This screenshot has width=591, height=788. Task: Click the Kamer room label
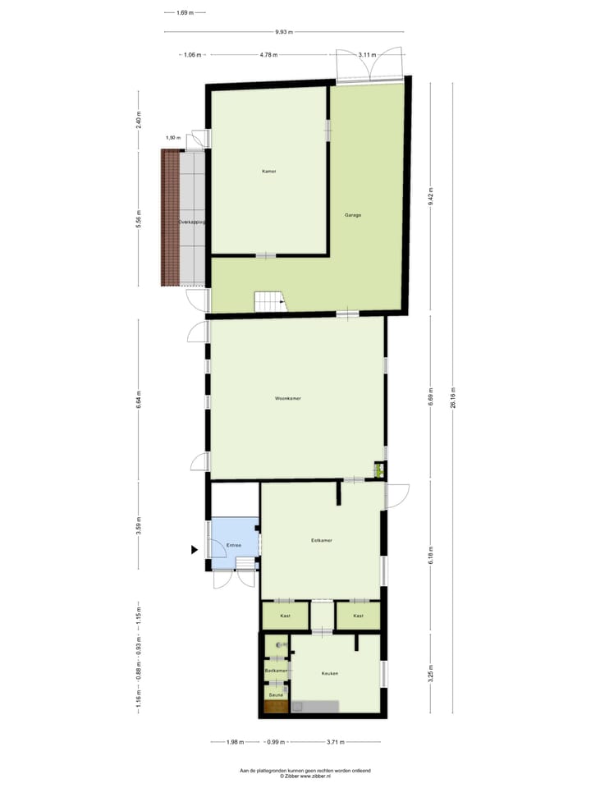269,172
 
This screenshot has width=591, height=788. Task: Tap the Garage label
353,215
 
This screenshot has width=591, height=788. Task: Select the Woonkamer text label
288,398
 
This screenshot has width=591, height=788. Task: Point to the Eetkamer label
321,540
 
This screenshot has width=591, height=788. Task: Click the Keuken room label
329,673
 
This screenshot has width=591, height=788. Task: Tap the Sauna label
276,695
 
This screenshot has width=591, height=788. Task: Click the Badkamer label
276,671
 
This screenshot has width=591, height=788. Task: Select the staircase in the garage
268,301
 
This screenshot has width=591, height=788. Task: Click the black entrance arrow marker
195,549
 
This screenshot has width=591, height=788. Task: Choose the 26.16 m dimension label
453,402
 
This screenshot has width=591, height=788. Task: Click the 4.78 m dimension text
268,55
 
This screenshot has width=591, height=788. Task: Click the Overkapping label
192,222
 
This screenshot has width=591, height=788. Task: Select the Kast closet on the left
285,615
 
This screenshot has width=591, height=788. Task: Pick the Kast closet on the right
358,615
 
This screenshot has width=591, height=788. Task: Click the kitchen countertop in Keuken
318,705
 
